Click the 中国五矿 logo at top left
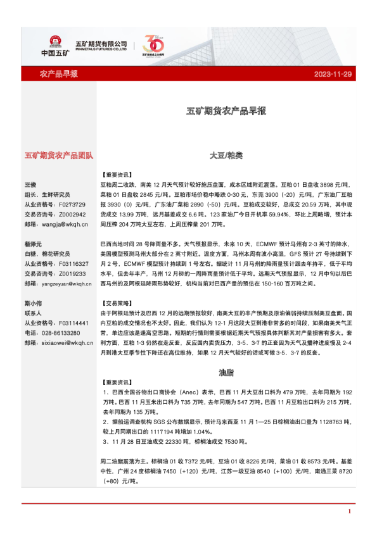click(51, 45)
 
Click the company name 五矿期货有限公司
click(101, 44)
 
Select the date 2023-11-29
click(332, 75)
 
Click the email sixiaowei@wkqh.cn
click(67, 342)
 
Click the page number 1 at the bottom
click(349, 511)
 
